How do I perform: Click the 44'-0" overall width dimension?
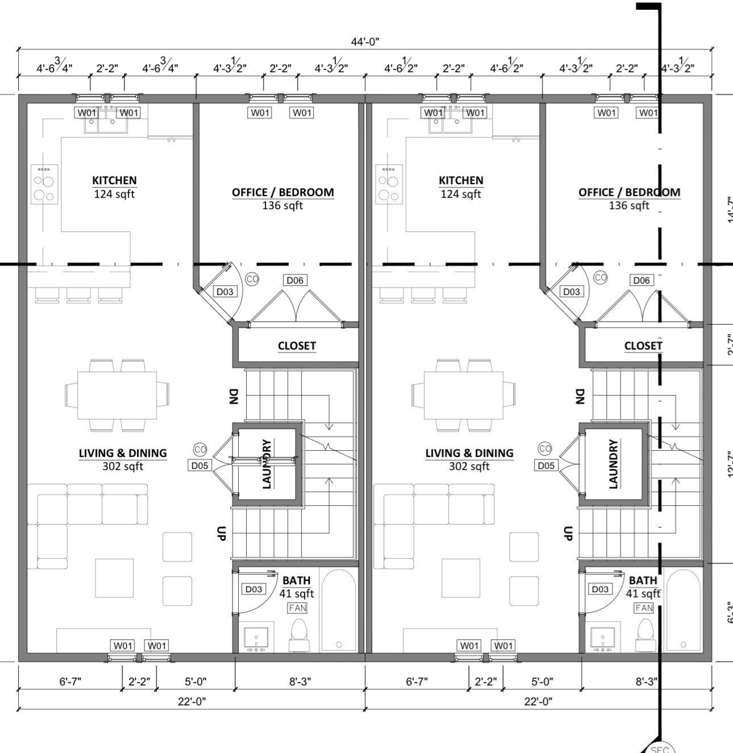click(x=365, y=41)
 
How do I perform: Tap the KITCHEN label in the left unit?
click(x=114, y=181)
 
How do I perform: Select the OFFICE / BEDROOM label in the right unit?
click(x=629, y=192)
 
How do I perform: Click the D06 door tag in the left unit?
click(x=295, y=280)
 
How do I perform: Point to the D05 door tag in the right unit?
click(x=545, y=465)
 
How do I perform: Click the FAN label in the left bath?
click(x=297, y=608)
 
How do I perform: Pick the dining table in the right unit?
click(x=464, y=395)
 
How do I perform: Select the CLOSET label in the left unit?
click(x=297, y=346)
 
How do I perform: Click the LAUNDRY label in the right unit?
click(x=613, y=464)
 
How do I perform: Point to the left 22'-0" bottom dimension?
click(x=191, y=701)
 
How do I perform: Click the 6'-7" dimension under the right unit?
click(x=417, y=681)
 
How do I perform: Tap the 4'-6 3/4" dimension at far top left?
click(x=55, y=68)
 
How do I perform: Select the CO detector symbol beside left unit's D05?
click(x=200, y=450)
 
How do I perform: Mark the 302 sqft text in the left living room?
click(x=123, y=467)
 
